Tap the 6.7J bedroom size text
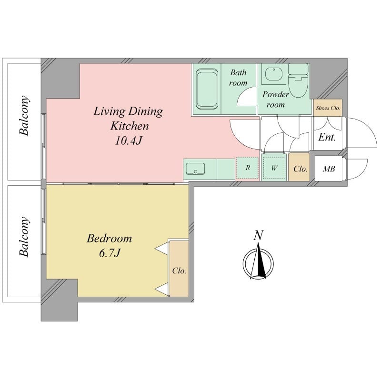click(x=109, y=253)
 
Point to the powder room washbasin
click(x=273, y=75)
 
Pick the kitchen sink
click(x=195, y=169)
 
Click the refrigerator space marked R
click(x=248, y=168)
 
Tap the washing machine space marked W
click(x=275, y=168)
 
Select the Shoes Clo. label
click(x=328, y=108)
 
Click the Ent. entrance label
click(x=327, y=138)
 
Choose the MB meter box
click(x=329, y=169)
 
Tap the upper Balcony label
click(x=25, y=117)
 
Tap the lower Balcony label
click(x=25, y=237)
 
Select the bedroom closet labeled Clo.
click(x=179, y=270)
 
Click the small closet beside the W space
click(x=300, y=168)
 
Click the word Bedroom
click(x=109, y=238)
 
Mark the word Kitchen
click(x=130, y=126)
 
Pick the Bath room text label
click(x=238, y=78)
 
